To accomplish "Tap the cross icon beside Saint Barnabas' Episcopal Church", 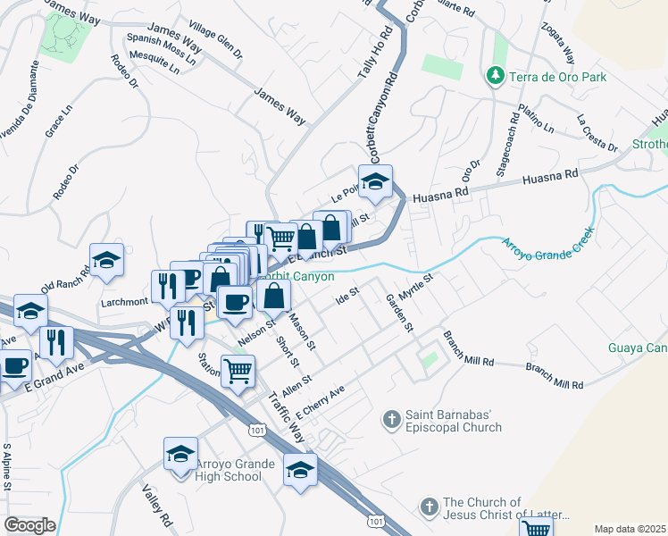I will click(391, 418).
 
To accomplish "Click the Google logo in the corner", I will click(29, 524).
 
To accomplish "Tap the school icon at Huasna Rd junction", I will click(376, 182).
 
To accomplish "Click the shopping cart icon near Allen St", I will click(238, 370).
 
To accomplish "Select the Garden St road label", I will click(398, 313).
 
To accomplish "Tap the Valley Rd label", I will click(157, 505).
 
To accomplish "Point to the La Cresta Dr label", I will click(597, 132).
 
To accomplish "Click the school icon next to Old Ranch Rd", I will click(107, 261).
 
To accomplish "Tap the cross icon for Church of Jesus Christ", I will click(429, 507).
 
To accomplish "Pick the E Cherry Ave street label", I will click(319, 404).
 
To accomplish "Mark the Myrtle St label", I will click(415, 289).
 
